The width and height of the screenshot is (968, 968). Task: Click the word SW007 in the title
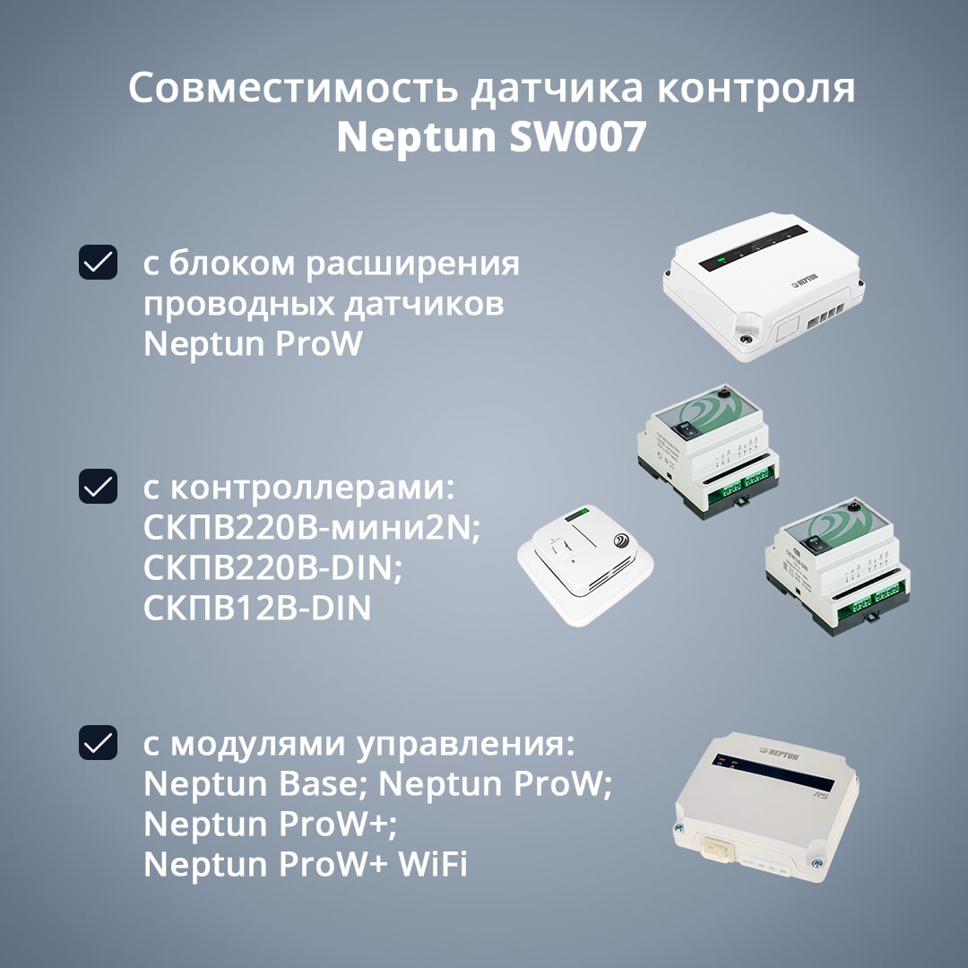(x=578, y=136)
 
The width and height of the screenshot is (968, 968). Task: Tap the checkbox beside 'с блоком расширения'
(x=99, y=263)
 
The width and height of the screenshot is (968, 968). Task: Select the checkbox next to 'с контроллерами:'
(x=99, y=487)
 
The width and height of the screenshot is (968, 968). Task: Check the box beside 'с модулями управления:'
(x=99, y=743)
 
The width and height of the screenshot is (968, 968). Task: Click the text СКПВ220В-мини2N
(x=311, y=529)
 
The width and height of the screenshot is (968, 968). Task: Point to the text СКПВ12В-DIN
(x=257, y=608)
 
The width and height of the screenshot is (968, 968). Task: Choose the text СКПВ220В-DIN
(x=272, y=568)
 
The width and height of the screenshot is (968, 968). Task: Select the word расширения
(x=412, y=264)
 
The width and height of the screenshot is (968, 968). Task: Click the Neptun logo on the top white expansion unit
(x=805, y=280)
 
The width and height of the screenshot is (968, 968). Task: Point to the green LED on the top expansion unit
(x=721, y=260)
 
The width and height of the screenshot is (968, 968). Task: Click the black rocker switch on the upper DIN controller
(x=687, y=428)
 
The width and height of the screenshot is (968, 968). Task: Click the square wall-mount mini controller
(x=585, y=565)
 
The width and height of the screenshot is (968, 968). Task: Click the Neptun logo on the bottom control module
(x=779, y=754)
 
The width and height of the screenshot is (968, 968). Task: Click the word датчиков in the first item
(x=423, y=305)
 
